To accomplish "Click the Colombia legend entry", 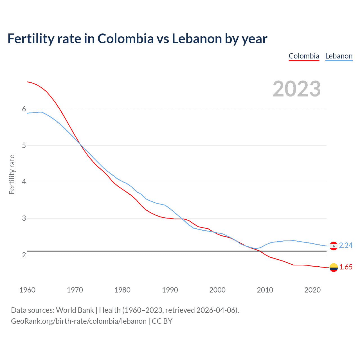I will coord(304,56).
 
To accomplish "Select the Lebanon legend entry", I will coord(339,56).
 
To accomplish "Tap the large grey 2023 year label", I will coord(297,89).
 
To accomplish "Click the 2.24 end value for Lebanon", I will coord(346,245).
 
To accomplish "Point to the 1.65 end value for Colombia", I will coord(346,267).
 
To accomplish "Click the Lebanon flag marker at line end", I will coord(334,246).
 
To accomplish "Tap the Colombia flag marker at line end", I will coord(334,267).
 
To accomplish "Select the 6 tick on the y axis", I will coord(24,109).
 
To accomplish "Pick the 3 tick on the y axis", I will coord(24,218).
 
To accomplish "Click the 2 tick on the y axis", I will coord(24,255).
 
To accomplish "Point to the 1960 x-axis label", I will coord(27,290).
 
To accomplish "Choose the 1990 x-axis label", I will coord(170,290).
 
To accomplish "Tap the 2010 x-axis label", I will coord(265,290).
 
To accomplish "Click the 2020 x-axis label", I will coord(312,290).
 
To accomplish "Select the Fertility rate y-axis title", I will coord(12,174).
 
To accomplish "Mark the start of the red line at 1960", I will coord(27,82).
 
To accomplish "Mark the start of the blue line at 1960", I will coord(27,113).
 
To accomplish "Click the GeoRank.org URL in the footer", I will coord(79,321).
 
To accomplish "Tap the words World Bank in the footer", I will coord(75,310).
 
